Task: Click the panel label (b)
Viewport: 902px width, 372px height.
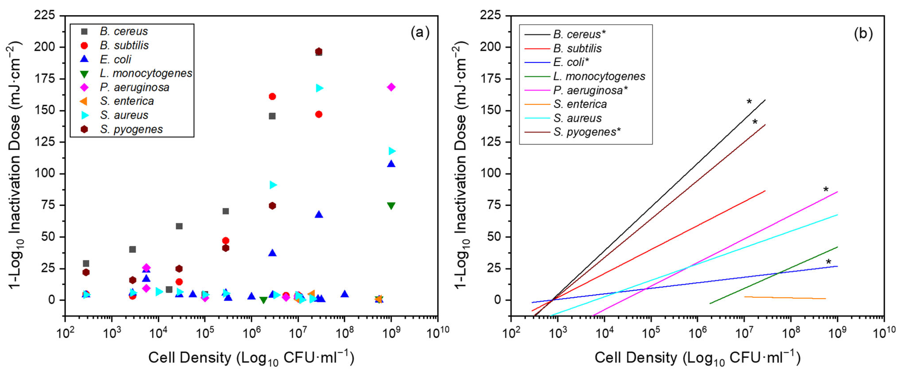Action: [863, 34]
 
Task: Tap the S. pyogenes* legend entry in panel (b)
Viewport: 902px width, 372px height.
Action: [587, 132]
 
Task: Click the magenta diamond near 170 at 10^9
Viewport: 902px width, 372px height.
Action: [391, 87]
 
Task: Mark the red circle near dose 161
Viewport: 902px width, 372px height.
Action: [272, 96]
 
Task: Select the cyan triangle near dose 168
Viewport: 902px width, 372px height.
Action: [319, 88]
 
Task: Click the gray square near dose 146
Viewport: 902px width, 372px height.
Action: [272, 116]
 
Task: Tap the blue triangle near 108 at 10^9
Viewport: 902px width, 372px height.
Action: [391, 164]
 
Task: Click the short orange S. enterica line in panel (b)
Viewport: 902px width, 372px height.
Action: [784, 298]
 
